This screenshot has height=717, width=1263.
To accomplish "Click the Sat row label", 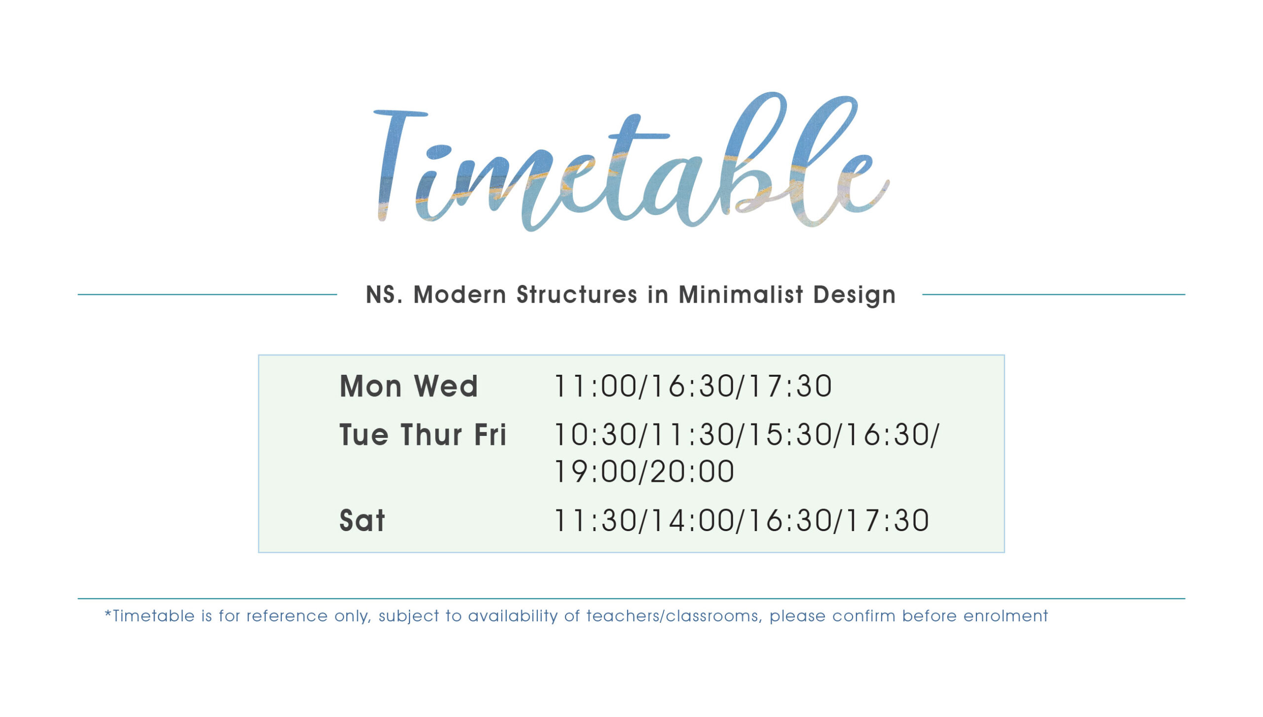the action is pyautogui.click(x=362, y=520).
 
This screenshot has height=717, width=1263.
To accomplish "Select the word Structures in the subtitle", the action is pyautogui.click(x=577, y=294).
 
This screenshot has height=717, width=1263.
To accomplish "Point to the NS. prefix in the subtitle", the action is pyautogui.click(x=384, y=294).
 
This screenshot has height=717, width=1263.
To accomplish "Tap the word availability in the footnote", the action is pyautogui.click(x=513, y=616).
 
